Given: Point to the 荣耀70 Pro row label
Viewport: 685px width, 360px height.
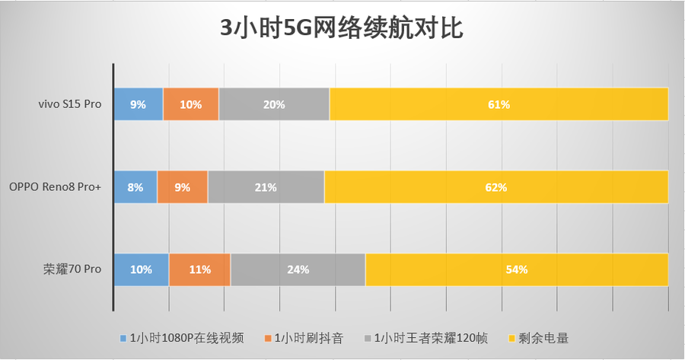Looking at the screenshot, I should point(72,269).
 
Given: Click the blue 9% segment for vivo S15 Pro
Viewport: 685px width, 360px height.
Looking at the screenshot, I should point(138,104).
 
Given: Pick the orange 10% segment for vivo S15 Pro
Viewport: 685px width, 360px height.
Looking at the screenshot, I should point(191,104).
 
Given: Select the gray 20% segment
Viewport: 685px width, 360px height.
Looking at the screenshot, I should point(274,104).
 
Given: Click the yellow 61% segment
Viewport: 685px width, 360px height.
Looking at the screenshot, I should point(499,104).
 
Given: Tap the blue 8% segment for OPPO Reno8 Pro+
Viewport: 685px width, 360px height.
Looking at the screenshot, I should point(135,186).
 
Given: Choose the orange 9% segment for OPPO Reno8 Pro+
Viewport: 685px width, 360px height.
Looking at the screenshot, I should point(183,186).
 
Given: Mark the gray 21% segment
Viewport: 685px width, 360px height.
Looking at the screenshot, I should point(266,186).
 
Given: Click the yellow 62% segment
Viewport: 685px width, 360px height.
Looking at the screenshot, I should point(496,186).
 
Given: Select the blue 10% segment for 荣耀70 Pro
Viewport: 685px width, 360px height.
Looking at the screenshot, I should point(141,269).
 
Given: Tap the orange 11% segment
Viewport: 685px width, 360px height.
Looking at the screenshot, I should point(199,269).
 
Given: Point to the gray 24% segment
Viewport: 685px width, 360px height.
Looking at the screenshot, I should point(298,269).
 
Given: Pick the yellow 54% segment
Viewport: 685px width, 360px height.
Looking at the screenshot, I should point(517,269).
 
